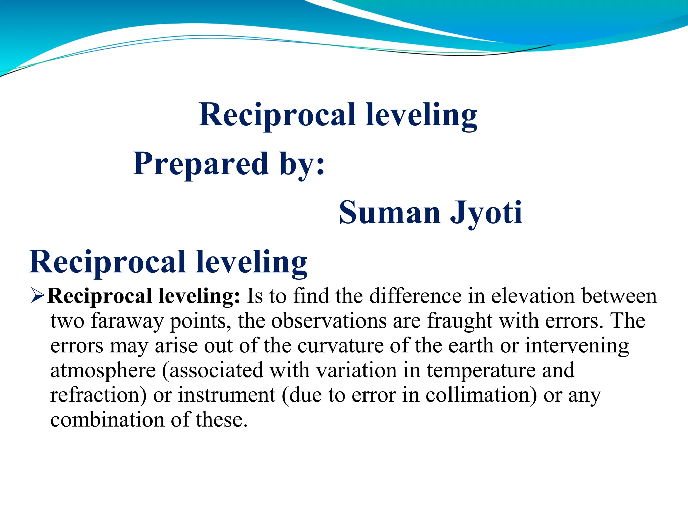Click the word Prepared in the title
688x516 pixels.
[201, 164]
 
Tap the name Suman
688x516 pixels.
[389, 212]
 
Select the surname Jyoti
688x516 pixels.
[486, 212]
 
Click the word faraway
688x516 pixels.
[127, 321]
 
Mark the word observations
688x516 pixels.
[329, 321]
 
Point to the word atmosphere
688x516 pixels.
[103, 371]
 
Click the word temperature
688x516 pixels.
[481, 371]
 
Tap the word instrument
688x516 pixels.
[226, 395]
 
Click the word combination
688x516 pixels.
[107, 420]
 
